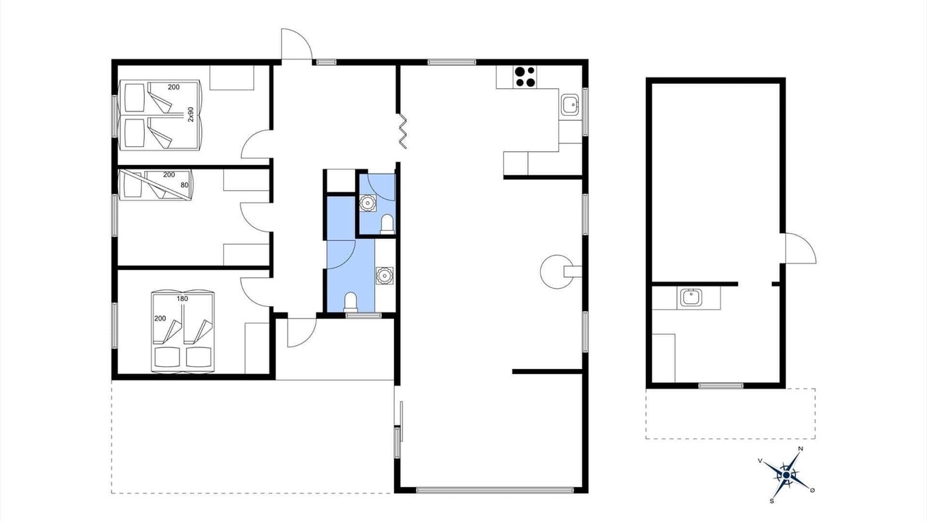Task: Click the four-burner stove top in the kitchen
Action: click(x=525, y=77)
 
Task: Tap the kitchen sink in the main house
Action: click(x=569, y=104)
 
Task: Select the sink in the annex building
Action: click(x=690, y=297)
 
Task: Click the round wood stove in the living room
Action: click(x=557, y=271)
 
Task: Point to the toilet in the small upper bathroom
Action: click(x=387, y=224)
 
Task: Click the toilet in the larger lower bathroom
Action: click(x=351, y=302)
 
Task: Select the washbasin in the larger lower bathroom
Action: click(x=385, y=276)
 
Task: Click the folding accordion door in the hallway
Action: click(x=403, y=131)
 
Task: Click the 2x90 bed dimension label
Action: click(x=190, y=114)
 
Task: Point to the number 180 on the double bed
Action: click(x=183, y=299)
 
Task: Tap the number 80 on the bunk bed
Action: click(x=185, y=185)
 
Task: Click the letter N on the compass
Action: click(x=801, y=449)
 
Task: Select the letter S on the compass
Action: click(x=772, y=501)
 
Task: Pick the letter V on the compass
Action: click(x=760, y=461)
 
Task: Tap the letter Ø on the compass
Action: click(x=813, y=490)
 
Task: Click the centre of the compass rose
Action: click(x=786, y=475)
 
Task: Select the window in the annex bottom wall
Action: click(x=721, y=386)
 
